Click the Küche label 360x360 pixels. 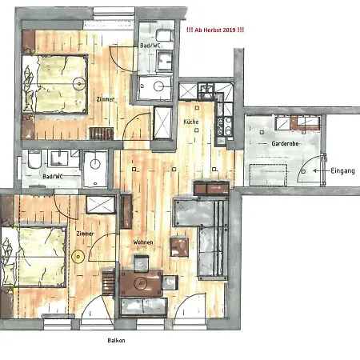(x=190, y=121)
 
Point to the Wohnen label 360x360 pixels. (x=143, y=242)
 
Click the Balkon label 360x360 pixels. (x=117, y=339)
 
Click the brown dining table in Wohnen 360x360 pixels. (x=142, y=282)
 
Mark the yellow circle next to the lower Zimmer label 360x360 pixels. (x=78, y=256)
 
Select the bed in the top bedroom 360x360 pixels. (x=56, y=82)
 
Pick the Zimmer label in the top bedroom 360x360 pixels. (x=105, y=99)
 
